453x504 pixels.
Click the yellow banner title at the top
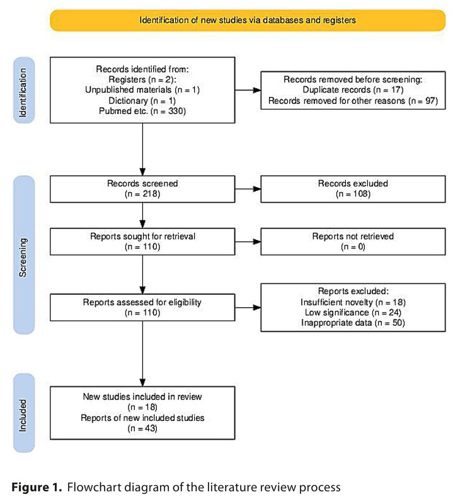(x=248, y=20)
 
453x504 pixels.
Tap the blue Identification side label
(x=24, y=90)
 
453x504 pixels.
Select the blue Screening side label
(x=24, y=255)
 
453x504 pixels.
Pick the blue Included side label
(x=24, y=413)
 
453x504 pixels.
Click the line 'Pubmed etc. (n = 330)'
(x=142, y=112)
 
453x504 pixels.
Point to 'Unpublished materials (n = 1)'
(x=142, y=89)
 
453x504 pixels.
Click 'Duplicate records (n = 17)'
(x=353, y=89)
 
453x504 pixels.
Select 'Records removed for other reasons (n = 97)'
(x=353, y=101)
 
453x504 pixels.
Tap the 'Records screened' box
(x=142, y=189)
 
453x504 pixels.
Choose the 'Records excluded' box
(x=353, y=189)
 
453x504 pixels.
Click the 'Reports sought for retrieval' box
(x=142, y=242)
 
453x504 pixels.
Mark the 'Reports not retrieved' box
(x=353, y=242)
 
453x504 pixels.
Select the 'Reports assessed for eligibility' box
(x=142, y=307)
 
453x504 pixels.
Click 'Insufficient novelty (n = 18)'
(x=353, y=302)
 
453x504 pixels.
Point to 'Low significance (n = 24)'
(x=353, y=312)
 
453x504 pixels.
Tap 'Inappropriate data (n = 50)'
(x=353, y=323)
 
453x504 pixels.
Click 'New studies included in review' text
(x=142, y=397)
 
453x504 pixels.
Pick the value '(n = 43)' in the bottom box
(x=142, y=428)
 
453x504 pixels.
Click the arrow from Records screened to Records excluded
(x=248, y=189)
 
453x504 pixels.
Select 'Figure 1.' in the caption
(x=37, y=487)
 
